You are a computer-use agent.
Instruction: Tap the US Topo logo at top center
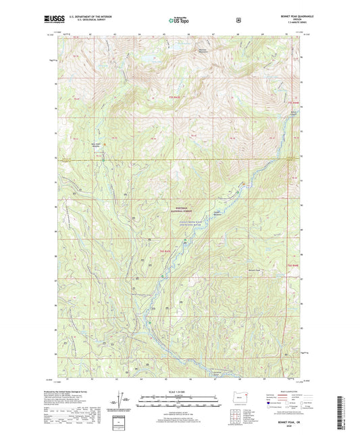coord(179,20)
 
